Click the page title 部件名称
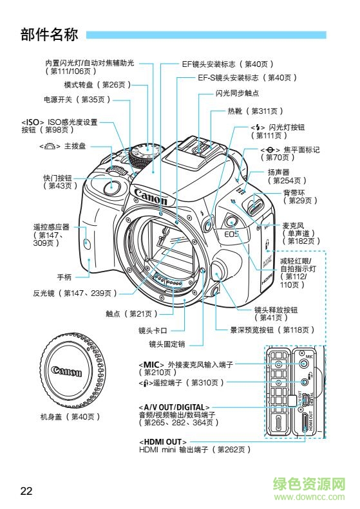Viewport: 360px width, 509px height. pyautogui.click(x=49, y=34)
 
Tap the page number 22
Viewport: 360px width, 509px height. pyautogui.click(x=26, y=491)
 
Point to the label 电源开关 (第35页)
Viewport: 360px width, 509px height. pyautogui.click(x=77, y=100)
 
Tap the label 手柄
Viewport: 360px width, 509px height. pyautogui.click(x=64, y=277)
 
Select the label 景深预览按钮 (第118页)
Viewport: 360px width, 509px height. pyautogui.click(x=272, y=330)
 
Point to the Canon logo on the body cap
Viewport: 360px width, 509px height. pyautogui.click(x=66, y=371)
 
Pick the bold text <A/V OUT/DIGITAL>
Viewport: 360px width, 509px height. pyautogui.click(x=174, y=407)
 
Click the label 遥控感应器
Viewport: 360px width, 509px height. pyautogui.click(x=52, y=227)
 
